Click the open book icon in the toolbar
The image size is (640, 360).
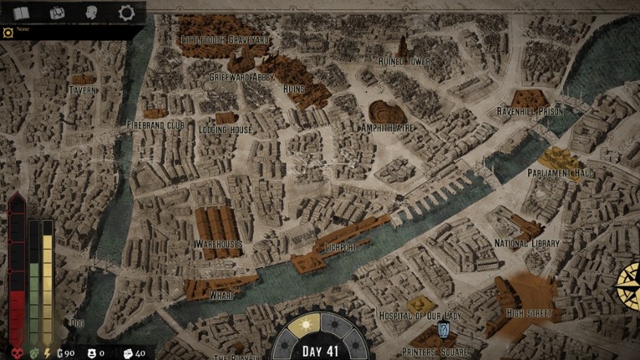coord(21,13)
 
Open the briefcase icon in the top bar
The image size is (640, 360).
coord(56,13)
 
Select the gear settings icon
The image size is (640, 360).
coord(126,13)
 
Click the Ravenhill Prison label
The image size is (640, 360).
coord(529,111)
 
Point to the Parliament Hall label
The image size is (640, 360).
coord(560,173)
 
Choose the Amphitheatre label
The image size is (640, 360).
coord(387,128)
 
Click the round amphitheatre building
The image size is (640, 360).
coord(387,111)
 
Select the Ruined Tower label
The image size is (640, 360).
coord(404,61)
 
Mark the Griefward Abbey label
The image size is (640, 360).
coord(241,77)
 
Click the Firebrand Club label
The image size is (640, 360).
coord(155,125)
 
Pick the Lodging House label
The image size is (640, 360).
coord(225,130)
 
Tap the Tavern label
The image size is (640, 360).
coord(82,90)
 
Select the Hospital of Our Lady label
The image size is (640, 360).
coord(420,316)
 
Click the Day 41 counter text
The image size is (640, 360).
coord(320,351)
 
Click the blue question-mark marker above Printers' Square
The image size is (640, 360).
coord(443,332)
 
